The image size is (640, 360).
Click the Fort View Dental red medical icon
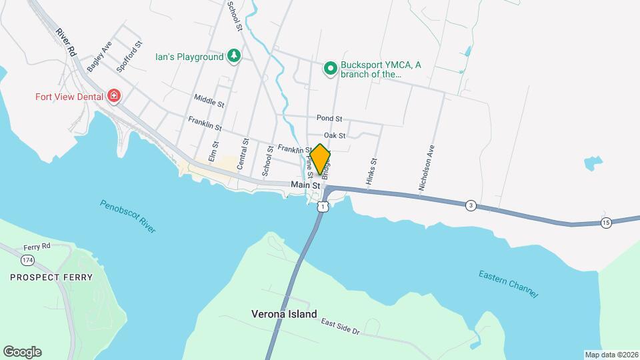coord(114,96)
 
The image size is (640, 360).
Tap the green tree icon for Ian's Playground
coord(233,56)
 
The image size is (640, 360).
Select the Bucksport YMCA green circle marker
coord(330,68)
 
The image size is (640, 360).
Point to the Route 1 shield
coord(323,207)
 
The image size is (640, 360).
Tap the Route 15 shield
coord(605,223)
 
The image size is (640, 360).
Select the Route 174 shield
coord(27,259)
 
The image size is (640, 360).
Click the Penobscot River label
coord(128,216)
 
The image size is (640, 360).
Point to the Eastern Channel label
coord(507,284)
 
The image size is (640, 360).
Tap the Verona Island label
coord(284,313)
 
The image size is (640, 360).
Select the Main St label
coord(301,184)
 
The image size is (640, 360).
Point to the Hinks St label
coord(373,171)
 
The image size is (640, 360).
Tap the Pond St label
coord(329,118)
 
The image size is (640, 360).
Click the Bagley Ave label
coord(99,56)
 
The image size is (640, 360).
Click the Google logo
coord(22,352)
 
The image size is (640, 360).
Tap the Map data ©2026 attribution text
coord(611,355)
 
